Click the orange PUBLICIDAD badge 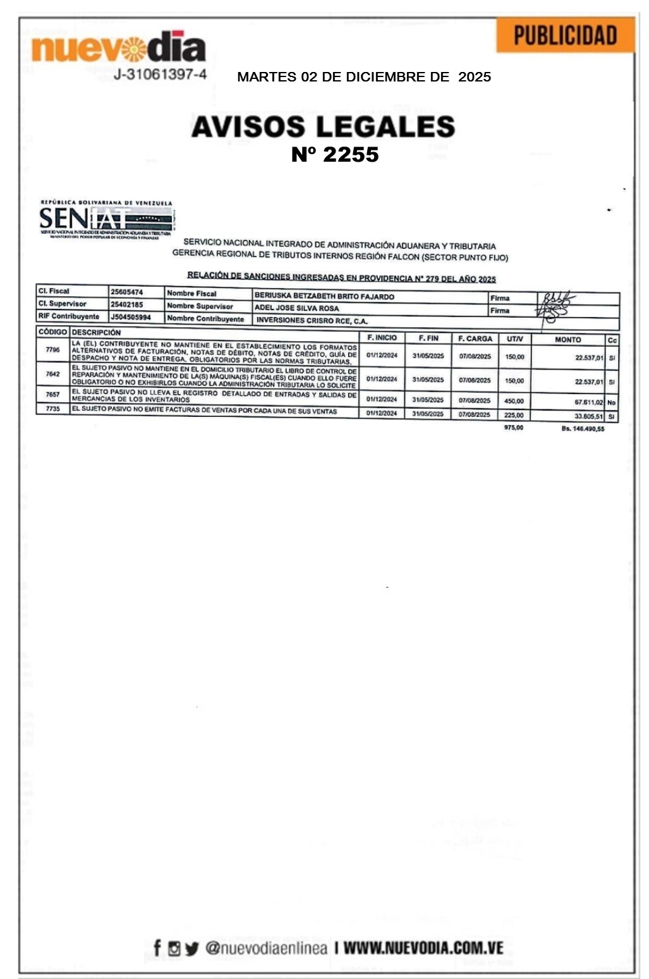565,35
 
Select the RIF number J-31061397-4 160,75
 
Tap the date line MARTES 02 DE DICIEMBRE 364,77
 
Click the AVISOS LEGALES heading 323,126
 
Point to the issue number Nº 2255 335,155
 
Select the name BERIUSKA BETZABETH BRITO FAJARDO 324,296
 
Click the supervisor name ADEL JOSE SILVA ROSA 296,308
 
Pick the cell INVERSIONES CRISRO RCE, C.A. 312,321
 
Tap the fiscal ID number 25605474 127,292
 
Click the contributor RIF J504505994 131,317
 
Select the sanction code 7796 52,349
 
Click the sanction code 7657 52,394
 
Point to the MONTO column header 567,340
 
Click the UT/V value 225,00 514,416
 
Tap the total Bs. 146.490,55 583,429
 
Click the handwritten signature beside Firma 553,304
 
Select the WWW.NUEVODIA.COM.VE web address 423,948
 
